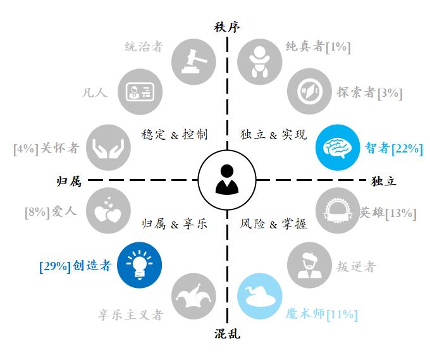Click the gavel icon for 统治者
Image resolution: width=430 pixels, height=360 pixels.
tap(193, 61)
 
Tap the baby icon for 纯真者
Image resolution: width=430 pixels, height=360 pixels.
tap(259, 61)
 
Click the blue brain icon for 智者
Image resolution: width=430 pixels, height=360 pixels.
tap(338, 147)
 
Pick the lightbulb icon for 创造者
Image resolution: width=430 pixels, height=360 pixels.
tap(139, 265)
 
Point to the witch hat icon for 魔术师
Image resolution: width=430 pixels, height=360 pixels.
tap(259, 296)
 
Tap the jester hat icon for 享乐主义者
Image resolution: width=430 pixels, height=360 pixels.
tap(193, 296)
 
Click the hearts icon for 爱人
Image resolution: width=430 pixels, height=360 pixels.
tap(108, 211)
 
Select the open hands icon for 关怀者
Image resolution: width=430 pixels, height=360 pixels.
tap(108, 147)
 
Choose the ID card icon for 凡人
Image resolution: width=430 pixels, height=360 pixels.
tap(140, 91)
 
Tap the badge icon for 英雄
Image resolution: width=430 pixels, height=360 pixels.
tap(338, 211)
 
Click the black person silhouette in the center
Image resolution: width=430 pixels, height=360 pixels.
tap(227, 180)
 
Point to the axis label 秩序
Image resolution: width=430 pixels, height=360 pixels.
tap(227, 27)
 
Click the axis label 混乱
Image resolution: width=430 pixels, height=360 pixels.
tap(227, 333)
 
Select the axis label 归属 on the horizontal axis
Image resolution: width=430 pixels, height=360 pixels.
tap(69, 182)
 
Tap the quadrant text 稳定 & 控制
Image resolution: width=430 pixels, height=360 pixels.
tap(175, 135)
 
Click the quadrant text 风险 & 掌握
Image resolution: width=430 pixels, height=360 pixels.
tap(273, 224)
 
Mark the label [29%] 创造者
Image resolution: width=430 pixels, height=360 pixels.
tap(75, 266)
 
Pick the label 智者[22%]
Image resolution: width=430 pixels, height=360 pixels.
tap(394, 149)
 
